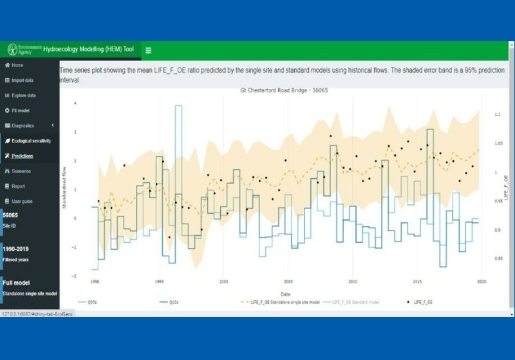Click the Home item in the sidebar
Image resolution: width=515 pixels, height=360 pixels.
pos(17,65)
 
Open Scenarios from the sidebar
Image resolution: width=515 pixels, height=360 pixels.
pos(21,171)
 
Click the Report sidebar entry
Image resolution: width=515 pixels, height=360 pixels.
pos(18,186)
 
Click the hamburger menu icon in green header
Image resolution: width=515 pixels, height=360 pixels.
pos(148,50)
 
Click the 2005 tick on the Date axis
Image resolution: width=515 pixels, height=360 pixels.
pos(288,281)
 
